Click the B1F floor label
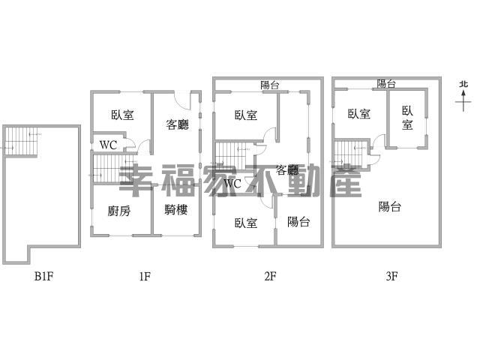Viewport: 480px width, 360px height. point(43,277)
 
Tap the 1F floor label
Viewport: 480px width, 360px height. point(145,277)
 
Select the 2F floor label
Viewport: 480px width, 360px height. point(270,277)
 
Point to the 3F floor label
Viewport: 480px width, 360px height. point(391,277)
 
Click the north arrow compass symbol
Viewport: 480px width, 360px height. point(463,96)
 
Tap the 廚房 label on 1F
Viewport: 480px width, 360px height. point(119,211)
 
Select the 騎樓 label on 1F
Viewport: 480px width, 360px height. point(175,210)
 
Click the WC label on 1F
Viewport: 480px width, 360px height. point(108,145)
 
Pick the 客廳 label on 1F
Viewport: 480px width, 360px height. point(178,124)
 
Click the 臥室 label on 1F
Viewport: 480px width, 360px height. point(122,115)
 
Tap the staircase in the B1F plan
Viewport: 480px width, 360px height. point(21,142)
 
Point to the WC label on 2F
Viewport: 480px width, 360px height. point(232,184)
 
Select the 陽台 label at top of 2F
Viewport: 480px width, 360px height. point(270,85)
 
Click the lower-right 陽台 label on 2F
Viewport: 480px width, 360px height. point(298,222)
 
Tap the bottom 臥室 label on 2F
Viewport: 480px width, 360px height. point(246,223)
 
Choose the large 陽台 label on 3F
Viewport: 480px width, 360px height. point(390,207)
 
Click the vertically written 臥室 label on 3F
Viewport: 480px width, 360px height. point(407,118)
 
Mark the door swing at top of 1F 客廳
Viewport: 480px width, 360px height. point(181,100)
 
